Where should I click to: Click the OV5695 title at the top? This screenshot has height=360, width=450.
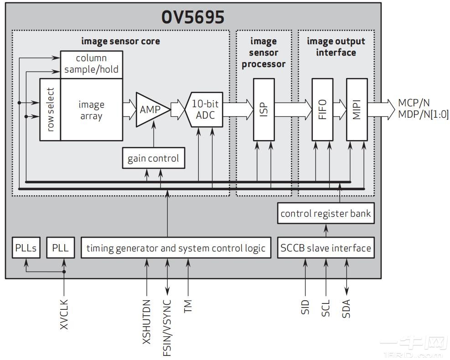point(193,17)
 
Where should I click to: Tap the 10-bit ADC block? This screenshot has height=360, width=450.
point(205,110)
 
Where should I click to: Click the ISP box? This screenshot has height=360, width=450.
point(264,110)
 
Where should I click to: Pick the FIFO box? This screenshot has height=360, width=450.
point(322,110)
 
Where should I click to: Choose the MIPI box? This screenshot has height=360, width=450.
point(357,110)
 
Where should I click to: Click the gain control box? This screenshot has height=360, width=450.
point(153,159)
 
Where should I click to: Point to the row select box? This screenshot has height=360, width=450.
point(50,110)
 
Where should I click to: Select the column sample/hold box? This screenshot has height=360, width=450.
point(91,64)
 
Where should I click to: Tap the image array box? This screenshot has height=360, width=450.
point(91,110)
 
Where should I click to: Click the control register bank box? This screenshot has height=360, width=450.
point(326,214)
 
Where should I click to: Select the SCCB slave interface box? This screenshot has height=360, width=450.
point(326,248)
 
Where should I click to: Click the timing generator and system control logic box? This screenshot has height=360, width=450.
point(176,248)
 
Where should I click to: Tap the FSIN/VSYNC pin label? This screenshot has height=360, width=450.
point(167,327)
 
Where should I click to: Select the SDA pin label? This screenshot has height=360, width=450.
point(346,308)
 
